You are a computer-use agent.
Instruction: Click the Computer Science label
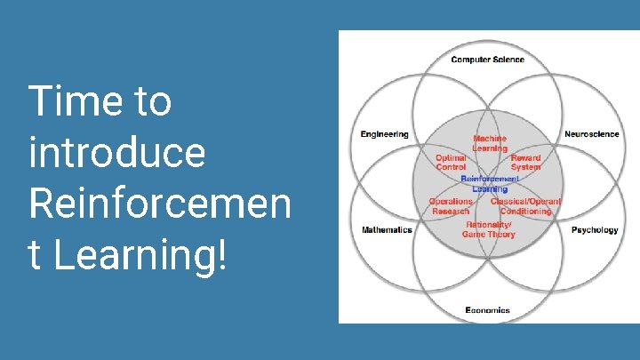point(487,60)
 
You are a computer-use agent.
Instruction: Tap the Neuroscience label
point(592,134)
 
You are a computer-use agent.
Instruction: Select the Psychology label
point(595,230)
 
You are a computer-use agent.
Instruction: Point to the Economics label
point(488,310)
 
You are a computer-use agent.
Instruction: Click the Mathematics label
point(387,230)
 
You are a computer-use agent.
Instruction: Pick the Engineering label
point(385,134)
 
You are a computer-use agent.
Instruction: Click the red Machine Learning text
point(490,143)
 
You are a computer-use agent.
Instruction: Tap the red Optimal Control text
point(451,162)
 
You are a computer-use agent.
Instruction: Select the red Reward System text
point(525,162)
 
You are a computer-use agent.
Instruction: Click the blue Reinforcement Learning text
point(490,184)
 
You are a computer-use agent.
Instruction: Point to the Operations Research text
point(451,206)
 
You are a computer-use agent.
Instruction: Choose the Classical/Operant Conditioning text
point(525,206)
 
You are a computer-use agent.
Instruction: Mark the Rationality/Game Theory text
point(489,229)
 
